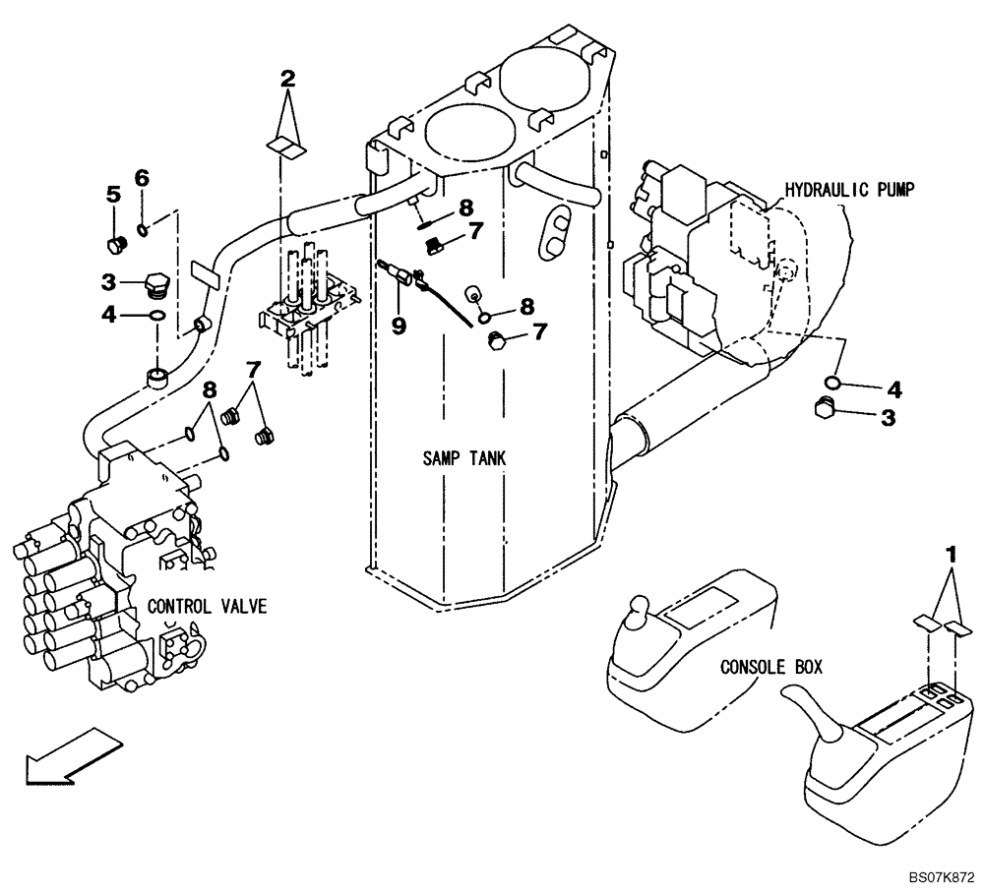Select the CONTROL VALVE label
(206, 607)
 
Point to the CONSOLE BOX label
(770, 667)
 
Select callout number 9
(400, 326)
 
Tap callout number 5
(113, 195)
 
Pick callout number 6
(142, 178)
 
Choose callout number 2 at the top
(287, 78)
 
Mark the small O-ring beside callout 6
(144, 231)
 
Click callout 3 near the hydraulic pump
(888, 417)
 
